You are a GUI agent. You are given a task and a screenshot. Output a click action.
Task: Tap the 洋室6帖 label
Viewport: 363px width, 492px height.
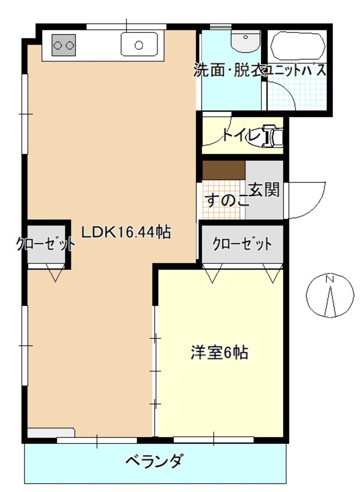219,353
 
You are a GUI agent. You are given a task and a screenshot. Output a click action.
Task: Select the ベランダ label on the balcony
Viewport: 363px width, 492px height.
155,462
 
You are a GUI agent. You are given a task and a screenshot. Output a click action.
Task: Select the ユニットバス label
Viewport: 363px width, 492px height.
296,71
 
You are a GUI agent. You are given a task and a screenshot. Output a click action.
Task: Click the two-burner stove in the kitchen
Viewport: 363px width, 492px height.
64,45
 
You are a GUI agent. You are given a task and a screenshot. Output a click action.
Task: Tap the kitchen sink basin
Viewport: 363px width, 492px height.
139,45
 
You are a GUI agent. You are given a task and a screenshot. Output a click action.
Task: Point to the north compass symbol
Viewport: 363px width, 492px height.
330,295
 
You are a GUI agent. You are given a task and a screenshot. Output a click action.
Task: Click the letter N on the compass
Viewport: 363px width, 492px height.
330,279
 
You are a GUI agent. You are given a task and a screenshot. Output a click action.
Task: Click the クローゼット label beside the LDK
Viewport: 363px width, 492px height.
45,245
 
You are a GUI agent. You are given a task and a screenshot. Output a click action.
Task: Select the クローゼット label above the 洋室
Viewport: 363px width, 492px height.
242,245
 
